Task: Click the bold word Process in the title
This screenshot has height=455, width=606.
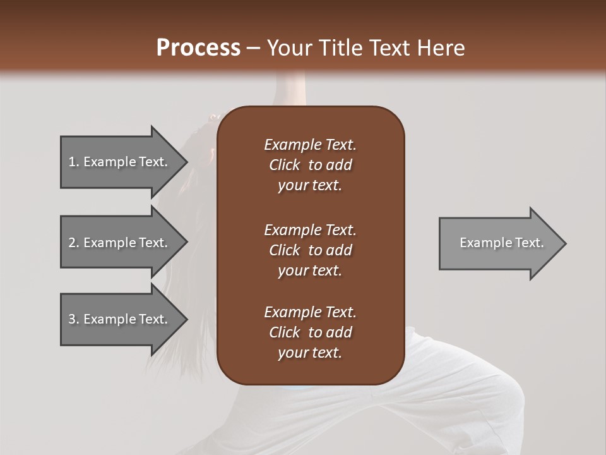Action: coord(198,48)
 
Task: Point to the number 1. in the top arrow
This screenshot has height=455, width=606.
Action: coord(74,162)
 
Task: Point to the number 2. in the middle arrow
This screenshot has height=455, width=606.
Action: coord(74,243)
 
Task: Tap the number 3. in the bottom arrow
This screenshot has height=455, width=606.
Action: coord(74,319)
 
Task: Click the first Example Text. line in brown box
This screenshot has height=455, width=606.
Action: coord(310,145)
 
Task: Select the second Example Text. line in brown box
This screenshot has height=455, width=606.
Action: coord(310,230)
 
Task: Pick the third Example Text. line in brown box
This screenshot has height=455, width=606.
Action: coord(310,312)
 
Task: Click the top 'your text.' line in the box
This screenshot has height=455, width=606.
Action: coord(310,186)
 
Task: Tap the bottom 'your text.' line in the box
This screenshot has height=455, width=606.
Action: coord(310,353)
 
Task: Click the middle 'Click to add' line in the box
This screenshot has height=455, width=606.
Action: coord(310,250)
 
